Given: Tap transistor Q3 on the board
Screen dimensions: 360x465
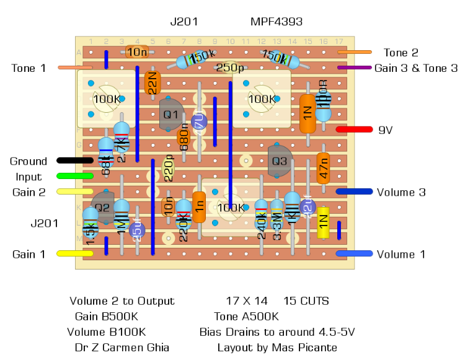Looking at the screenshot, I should pyautogui.click(x=280, y=161).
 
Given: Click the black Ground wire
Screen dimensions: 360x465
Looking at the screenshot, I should pyautogui.click(x=75, y=160).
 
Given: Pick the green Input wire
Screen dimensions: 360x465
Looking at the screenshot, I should pyautogui.click(x=75, y=176).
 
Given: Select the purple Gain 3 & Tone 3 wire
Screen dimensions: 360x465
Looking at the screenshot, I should pyautogui.click(x=354, y=68).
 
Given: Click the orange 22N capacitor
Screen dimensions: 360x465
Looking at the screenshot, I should pyautogui.click(x=153, y=82).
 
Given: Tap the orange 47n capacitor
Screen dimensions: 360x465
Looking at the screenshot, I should pyautogui.click(x=323, y=168).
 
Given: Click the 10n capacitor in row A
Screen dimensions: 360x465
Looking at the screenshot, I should pyautogui.click(x=137, y=51).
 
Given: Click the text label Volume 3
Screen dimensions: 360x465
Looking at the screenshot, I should pyautogui.click(x=401, y=192).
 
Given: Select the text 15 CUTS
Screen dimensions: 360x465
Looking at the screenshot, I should pyautogui.click(x=306, y=301).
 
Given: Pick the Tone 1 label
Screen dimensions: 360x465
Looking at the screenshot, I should pyautogui.click(x=29, y=68).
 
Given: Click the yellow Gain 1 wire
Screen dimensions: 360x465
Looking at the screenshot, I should pyautogui.click(x=75, y=253).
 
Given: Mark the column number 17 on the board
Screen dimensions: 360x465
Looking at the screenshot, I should pyautogui.click(x=339, y=42).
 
